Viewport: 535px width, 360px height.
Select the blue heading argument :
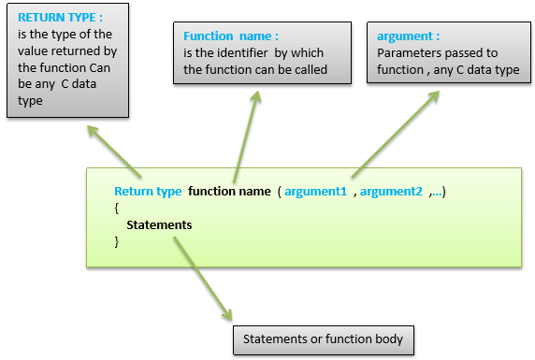click(x=408, y=36)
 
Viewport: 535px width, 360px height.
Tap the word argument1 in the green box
click(x=317, y=192)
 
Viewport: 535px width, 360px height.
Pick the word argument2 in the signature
click(x=391, y=192)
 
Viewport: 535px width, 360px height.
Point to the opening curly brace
click(x=116, y=209)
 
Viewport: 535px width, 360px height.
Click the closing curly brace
click(x=116, y=242)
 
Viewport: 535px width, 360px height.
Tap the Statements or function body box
click(x=323, y=338)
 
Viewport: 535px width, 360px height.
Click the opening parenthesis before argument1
click(x=279, y=192)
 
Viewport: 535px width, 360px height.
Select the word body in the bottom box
click(x=389, y=338)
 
